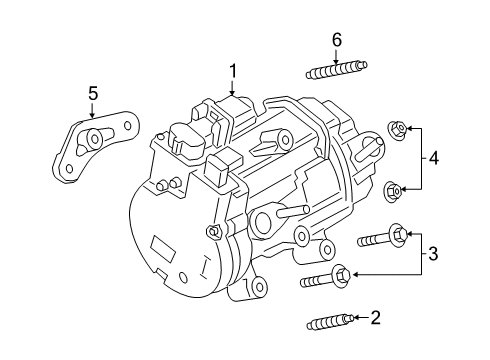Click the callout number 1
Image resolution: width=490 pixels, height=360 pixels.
coord(232,71)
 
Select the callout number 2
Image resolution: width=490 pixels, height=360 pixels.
coord(375,318)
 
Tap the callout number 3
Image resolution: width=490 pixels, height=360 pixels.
coord(433,254)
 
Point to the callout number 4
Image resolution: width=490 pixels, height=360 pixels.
coord(433,157)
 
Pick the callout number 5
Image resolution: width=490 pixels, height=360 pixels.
coord(93,94)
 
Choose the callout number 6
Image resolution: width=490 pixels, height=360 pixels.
coord(337,39)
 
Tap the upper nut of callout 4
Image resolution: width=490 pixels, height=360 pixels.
coord(396,128)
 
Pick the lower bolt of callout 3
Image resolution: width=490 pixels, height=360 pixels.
coord(325,278)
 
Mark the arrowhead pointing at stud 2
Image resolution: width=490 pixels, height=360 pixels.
coord(357,319)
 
